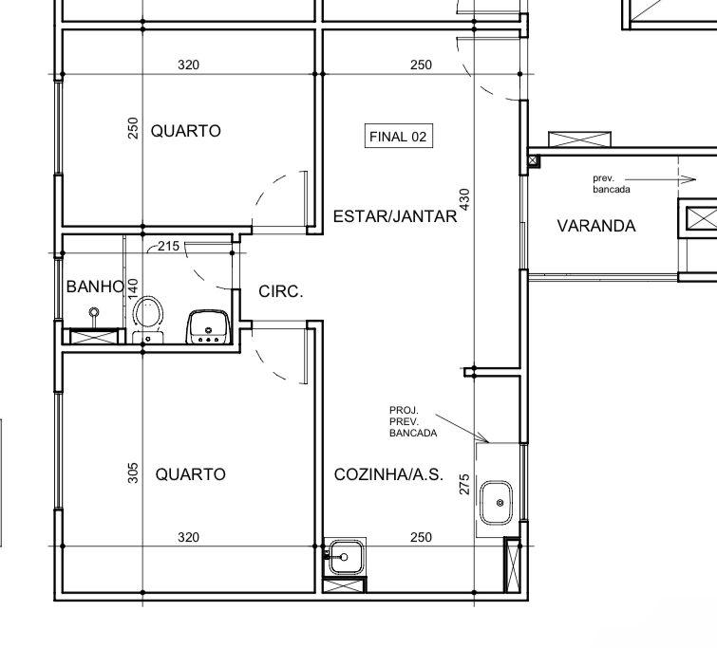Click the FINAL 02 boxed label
coord(398,136)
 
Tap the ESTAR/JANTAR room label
coord(395,216)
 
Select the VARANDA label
coord(596,226)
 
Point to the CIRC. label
coord(281,291)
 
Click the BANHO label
coord(95,287)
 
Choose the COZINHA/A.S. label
coord(388,474)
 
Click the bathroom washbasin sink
coord(208,326)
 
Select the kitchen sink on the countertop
coord(496,503)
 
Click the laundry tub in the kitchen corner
coord(346,557)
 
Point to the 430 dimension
coord(464,199)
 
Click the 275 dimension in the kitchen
coord(464,485)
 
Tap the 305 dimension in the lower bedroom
coord(133,473)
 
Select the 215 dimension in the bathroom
coord(169,246)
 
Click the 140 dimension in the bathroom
coord(133,288)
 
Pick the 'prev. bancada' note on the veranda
coord(612,184)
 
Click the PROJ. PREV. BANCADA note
coord(413,421)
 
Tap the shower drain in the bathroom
coord(94,312)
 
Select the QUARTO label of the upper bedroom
coord(185,131)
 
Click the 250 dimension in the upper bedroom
coord(133,128)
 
